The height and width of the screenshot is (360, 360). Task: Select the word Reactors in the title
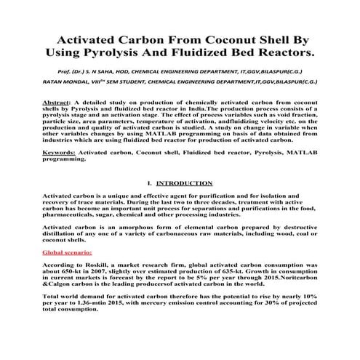point(279,54)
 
